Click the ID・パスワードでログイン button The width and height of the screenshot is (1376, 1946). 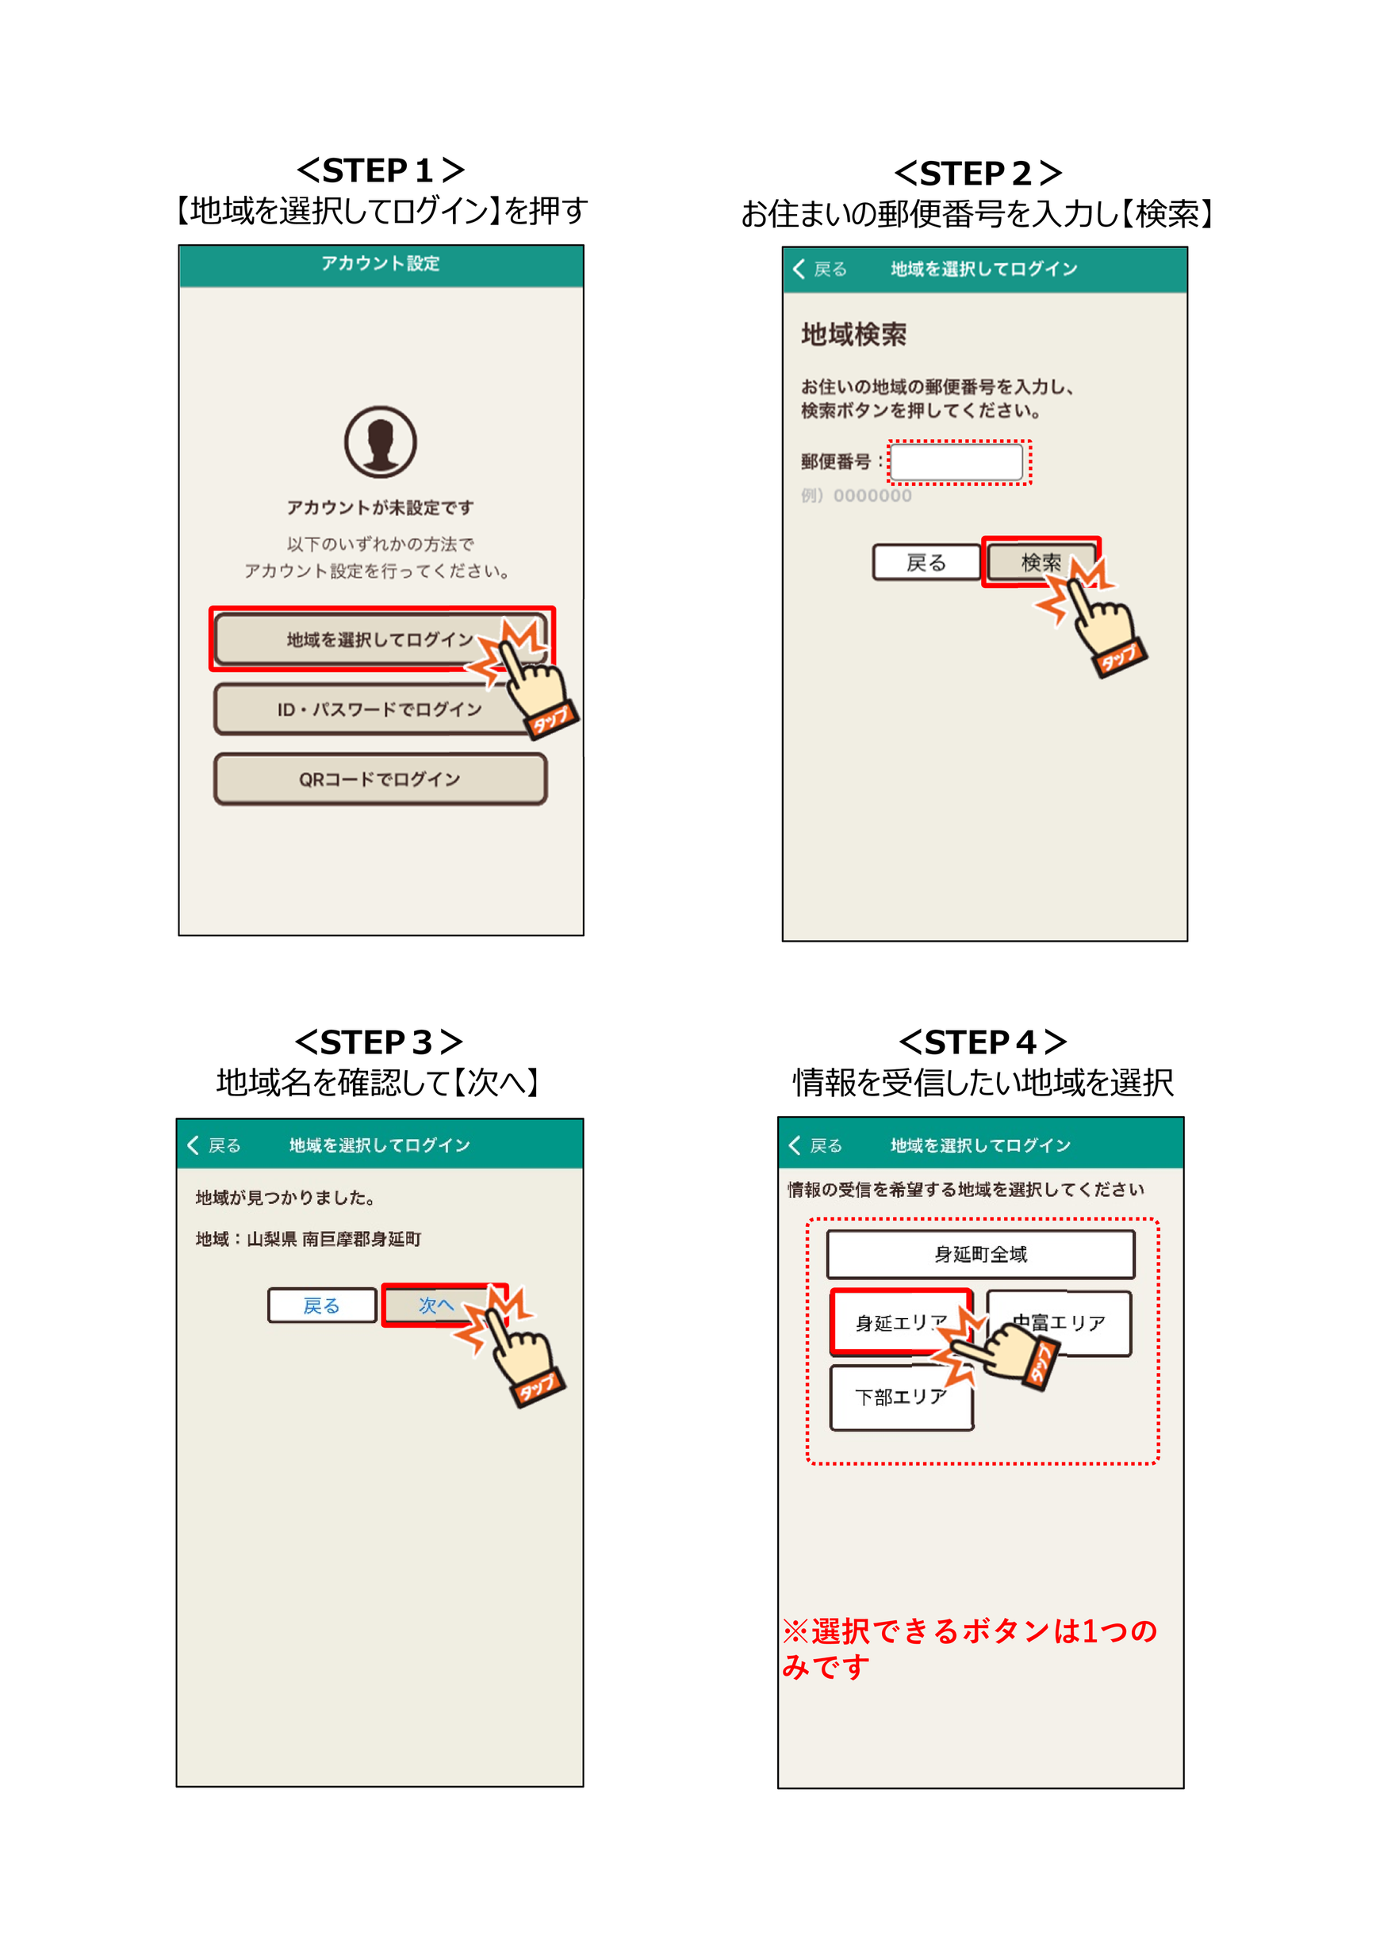[x=379, y=709]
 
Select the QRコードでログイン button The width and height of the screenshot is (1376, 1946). [x=379, y=779]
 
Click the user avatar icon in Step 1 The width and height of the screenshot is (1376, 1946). [x=380, y=442]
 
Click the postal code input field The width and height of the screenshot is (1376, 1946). [x=956, y=463]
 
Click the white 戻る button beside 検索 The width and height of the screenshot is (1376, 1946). [x=925, y=562]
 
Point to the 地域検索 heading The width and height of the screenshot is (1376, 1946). [x=853, y=335]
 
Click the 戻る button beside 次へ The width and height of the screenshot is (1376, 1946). [x=321, y=1306]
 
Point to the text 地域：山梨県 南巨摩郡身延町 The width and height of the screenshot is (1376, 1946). [x=308, y=1239]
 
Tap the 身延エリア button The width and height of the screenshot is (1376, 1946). [x=899, y=1322]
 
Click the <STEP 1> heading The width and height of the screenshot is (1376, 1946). [x=380, y=170]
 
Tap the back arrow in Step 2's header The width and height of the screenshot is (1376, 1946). [x=799, y=269]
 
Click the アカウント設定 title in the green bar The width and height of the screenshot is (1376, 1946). [x=380, y=264]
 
